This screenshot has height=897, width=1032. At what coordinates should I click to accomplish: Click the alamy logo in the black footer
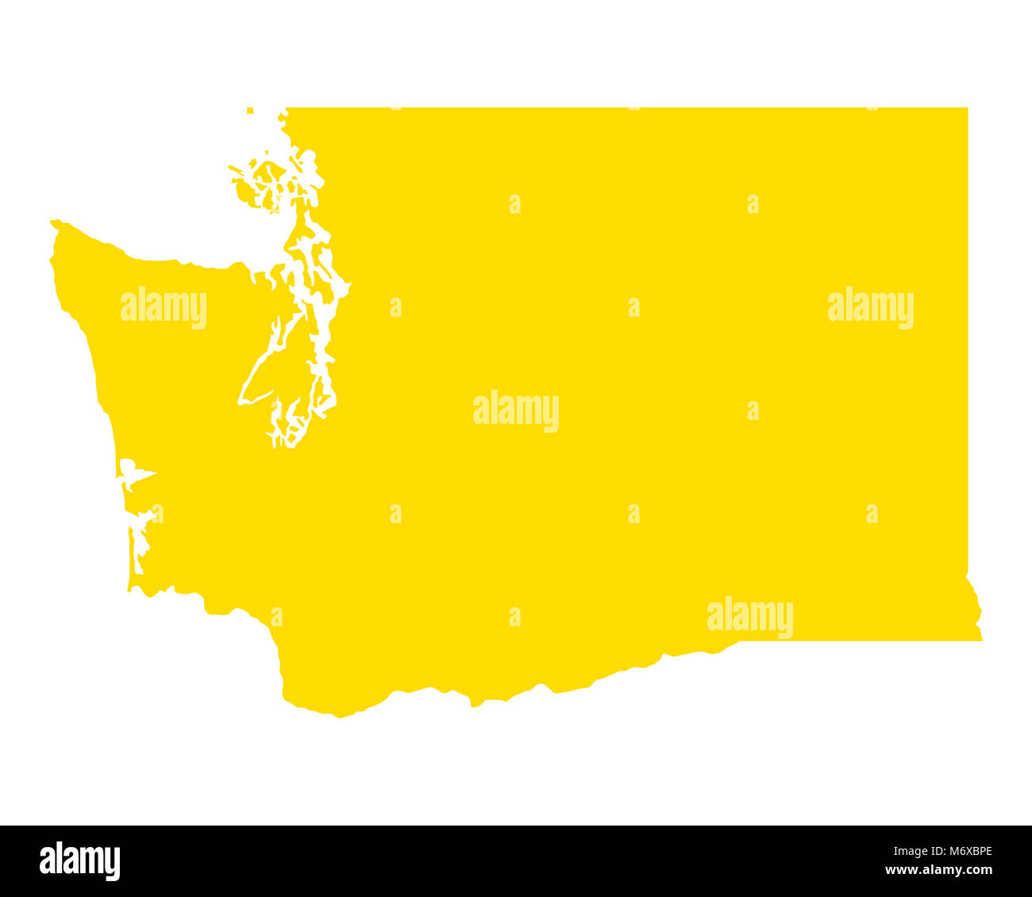pos(79,861)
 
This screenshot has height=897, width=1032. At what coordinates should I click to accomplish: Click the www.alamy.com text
pos(939,870)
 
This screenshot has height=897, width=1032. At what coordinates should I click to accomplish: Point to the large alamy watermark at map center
pos(516,410)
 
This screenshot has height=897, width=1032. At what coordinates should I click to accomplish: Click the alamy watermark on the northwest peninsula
pos(164,308)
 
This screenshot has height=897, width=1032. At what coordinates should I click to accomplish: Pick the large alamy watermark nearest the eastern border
pos(870,308)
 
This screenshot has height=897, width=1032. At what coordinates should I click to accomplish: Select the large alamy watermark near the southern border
pos(749,617)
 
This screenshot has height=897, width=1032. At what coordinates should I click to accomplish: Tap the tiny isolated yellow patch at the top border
pos(250,110)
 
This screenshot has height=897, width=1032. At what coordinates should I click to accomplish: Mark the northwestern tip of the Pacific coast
pos(54,223)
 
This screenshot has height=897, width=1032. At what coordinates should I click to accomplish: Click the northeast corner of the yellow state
pos(966,109)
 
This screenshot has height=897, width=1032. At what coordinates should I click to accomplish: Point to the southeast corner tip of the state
pos(981,638)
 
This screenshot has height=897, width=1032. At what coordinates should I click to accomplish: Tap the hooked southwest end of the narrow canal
pos(241,402)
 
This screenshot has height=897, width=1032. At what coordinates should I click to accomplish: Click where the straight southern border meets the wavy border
pos(738,641)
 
